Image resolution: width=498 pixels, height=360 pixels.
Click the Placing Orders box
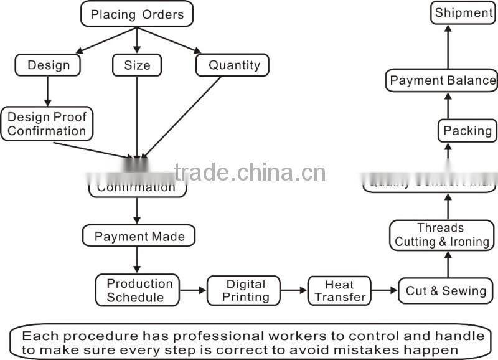(137, 14)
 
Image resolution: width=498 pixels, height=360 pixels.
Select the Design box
(49, 65)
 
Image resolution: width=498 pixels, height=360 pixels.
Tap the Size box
(136, 65)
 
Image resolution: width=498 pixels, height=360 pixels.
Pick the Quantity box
(233, 65)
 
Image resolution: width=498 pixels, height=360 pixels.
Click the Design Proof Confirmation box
(47, 123)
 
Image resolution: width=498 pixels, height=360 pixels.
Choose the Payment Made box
(139, 236)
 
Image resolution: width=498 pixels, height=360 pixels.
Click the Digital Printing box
(245, 290)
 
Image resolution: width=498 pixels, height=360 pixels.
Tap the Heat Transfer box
(340, 290)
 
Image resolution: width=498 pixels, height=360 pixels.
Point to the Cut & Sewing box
(446, 290)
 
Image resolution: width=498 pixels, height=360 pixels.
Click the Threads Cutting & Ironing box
(442, 235)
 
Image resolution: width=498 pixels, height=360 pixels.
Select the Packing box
(467, 131)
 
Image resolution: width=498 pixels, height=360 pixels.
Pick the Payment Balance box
(443, 81)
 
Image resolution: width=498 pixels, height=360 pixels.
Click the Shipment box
(463, 13)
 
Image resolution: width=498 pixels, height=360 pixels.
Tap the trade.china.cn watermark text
(249, 173)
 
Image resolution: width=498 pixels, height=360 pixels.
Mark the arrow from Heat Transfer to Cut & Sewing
(384, 290)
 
